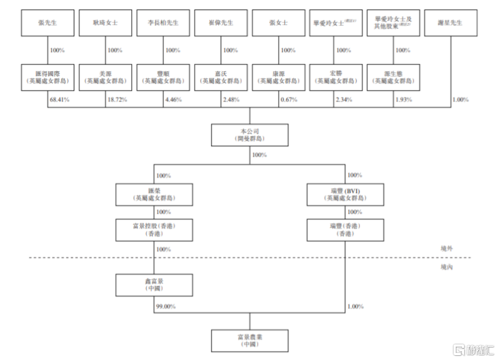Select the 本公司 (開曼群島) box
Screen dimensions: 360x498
pos(250,135)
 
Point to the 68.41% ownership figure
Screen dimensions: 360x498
pos(59,99)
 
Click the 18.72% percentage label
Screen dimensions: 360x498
pos(117,99)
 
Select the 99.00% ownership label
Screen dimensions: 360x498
pos(165,306)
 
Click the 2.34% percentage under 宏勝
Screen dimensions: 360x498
pos(346,99)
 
